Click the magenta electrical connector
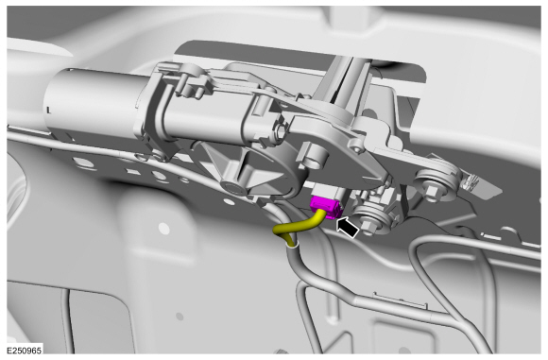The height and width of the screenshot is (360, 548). click(x=326, y=207)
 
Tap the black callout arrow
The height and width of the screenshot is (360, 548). click(x=348, y=227)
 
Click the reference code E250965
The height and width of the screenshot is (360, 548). click(x=25, y=351)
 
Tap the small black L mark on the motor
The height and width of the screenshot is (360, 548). click(x=48, y=111)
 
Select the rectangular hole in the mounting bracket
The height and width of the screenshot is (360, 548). click(x=133, y=172)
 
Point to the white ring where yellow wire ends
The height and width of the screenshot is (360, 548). click(x=292, y=246)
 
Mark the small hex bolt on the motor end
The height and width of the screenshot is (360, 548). click(x=279, y=131)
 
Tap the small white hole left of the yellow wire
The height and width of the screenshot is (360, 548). click(x=163, y=229)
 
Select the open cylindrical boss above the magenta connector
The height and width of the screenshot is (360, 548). click(x=312, y=156)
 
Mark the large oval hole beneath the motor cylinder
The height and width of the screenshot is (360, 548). click(x=84, y=163)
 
